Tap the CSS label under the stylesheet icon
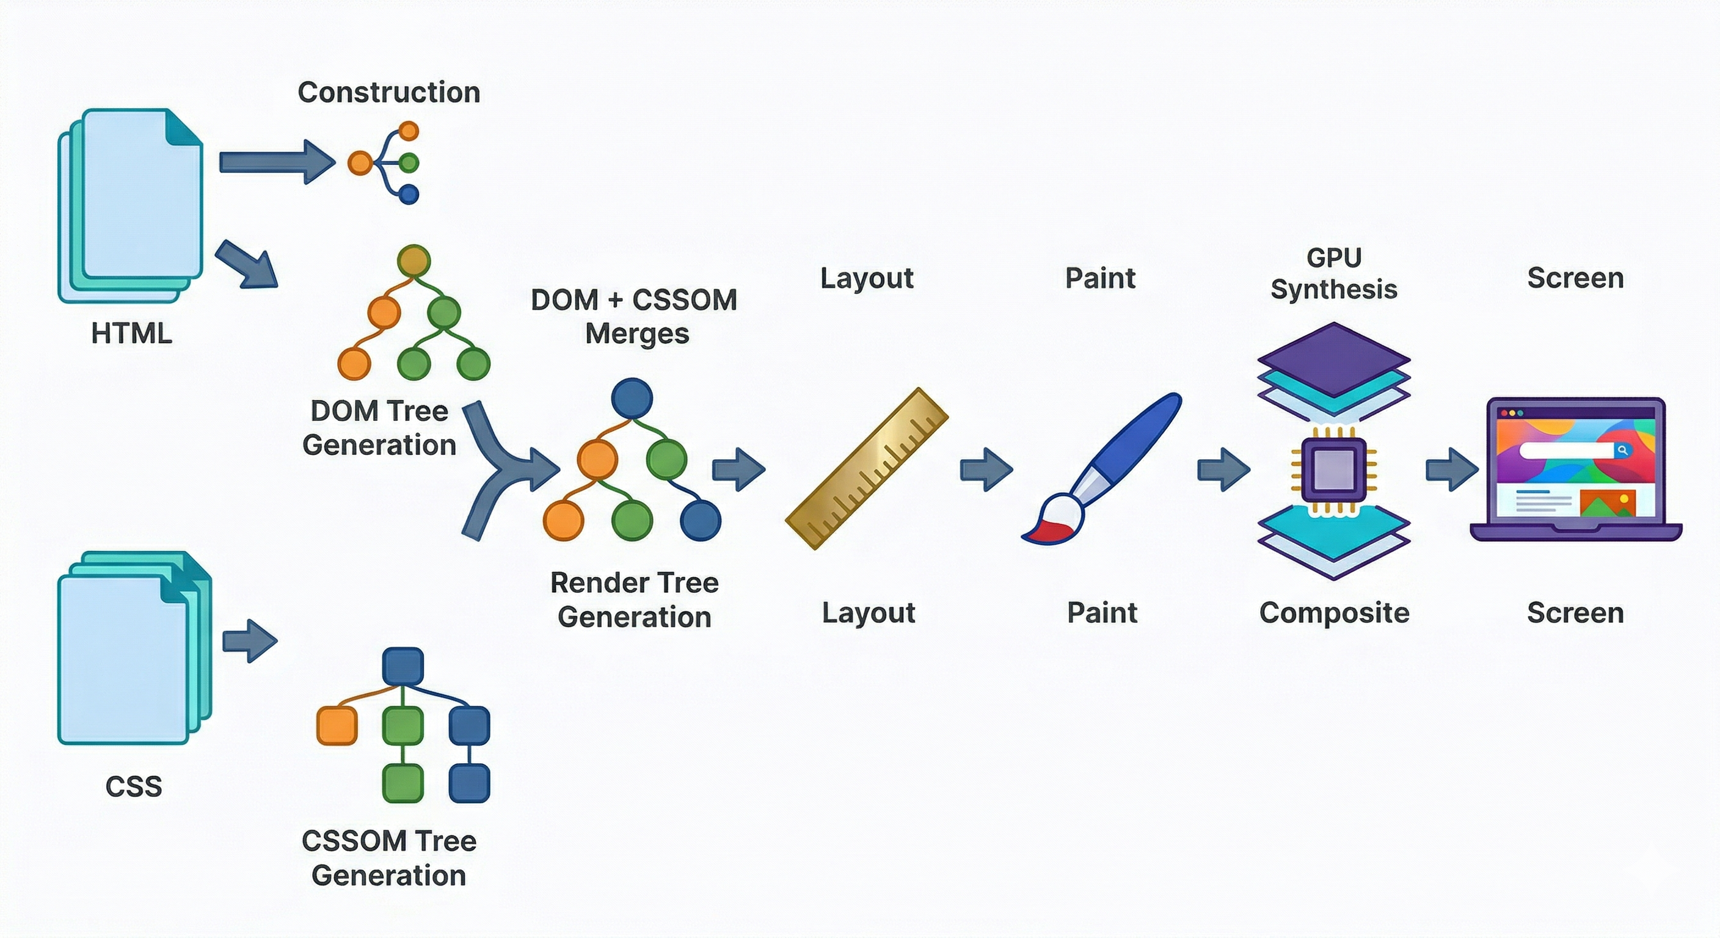tap(134, 787)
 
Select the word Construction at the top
tap(388, 92)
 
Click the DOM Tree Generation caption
tap(379, 428)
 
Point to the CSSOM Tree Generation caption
tap(388, 858)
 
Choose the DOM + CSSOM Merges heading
tap(635, 316)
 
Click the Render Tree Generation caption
tap(635, 600)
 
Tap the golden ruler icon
tap(867, 468)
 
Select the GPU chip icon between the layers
tap(1333, 470)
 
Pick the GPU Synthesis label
tap(1333, 274)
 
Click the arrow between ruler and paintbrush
tap(986, 470)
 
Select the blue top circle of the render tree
tap(632, 399)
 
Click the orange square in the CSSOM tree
tap(337, 725)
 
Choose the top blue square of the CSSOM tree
tap(403, 666)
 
